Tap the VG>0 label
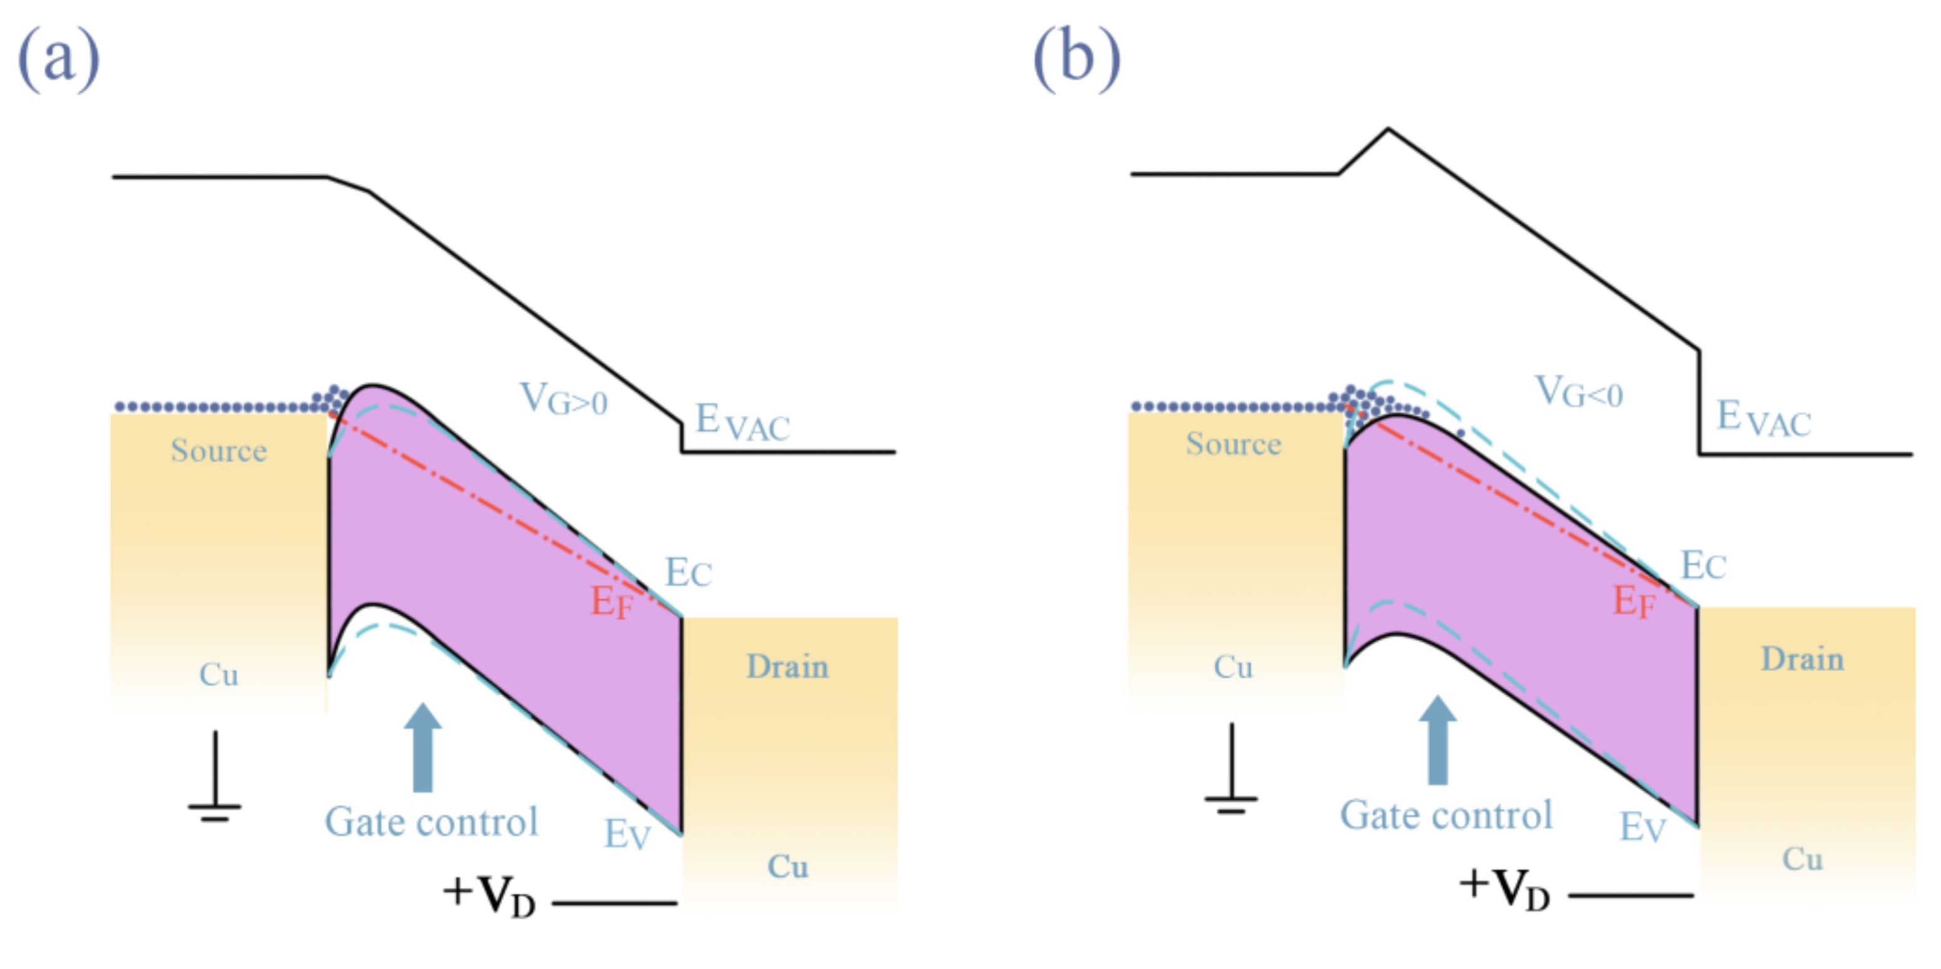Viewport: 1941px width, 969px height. pos(564,399)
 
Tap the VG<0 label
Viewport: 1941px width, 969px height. pos(1579,393)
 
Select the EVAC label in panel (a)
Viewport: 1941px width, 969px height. pos(741,422)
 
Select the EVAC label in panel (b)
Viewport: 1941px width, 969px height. pos(1763,419)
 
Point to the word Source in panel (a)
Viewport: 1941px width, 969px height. pos(218,451)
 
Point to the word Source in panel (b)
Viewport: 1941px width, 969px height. pos(1233,444)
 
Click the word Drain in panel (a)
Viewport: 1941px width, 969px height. pos(787,667)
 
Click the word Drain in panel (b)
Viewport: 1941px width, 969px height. pos(1802,659)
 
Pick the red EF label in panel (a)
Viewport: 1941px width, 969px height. pos(611,603)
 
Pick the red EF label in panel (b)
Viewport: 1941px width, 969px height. pos(1634,602)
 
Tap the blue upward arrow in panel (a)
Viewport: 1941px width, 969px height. pos(423,747)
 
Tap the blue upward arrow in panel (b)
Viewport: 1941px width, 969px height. pos(1438,740)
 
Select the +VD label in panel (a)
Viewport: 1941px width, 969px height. pos(490,895)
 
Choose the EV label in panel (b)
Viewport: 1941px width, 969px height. pos(1643,828)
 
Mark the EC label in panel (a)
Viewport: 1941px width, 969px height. pos(688,573)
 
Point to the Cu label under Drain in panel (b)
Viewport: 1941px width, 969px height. pos(1802,859)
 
